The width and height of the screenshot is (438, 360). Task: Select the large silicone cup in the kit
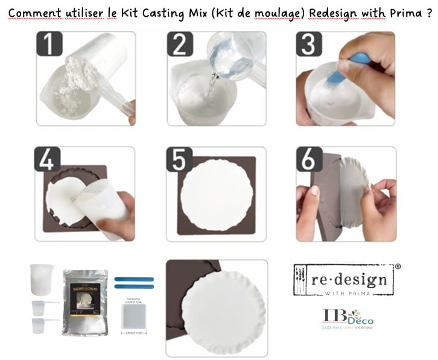(42, 281)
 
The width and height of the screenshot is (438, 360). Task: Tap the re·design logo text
(341, 280)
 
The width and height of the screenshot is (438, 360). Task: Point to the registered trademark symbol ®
(397, 266)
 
